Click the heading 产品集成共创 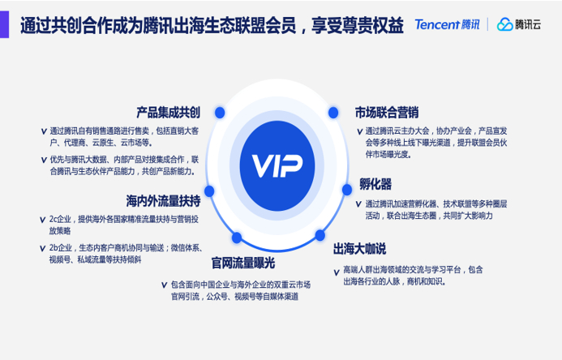coord(168,112)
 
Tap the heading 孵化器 coord(375,183)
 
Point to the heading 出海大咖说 coord(359,248)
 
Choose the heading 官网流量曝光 coord(243,263)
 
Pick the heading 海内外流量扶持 coord(162,199)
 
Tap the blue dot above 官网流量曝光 coord(238,238)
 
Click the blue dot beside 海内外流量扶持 coord(209,192)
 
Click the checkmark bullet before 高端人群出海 coord(337,269)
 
